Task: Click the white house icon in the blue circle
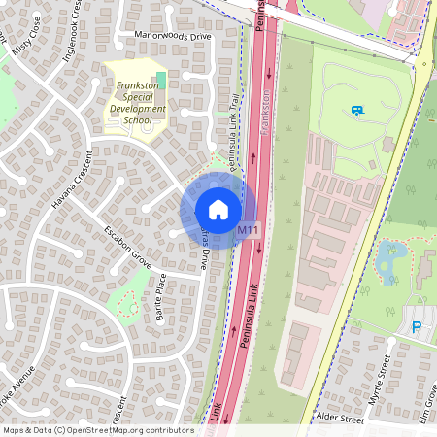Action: pos(218,209)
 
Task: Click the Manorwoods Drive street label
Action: pos(172,37)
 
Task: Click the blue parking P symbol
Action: pos(417,327)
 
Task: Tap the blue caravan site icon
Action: pos(357,111)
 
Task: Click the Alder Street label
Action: pos(338,420)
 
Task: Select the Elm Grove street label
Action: pos(428,397)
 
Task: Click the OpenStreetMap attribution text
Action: pos(97,430)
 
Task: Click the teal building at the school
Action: pos(160,77)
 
